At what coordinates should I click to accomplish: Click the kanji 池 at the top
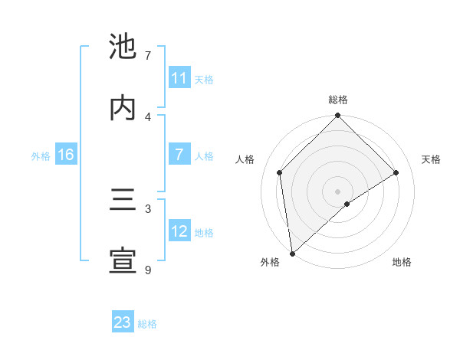[x=123, y=47]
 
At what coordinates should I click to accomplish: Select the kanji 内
[x=123, y=108]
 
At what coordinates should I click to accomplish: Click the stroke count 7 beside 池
[x=148, y=56]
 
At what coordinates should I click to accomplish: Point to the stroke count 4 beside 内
[x=148, y=116]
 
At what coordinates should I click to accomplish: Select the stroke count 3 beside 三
[x=148, y=208]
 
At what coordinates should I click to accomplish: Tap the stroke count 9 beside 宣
[x=148, y=270]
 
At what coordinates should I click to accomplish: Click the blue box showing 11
[x=179, y=78]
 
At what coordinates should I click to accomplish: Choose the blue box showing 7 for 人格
[x=179, y=155]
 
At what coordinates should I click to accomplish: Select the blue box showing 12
[x=179, y=231]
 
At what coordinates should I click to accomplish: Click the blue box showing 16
[x=66, y=155]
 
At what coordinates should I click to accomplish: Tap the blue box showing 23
[x=123, y=322]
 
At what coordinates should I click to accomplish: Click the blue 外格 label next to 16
[x=41, y=155]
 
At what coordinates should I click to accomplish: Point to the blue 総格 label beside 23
[x=148, y=323]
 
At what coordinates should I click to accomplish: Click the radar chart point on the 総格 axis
[x=337, y=116]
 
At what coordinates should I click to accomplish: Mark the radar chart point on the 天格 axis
[x=396, y=172]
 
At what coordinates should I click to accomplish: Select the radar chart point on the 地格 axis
[x=347, y=204]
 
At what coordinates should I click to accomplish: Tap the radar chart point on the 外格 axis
[x=292, y=254]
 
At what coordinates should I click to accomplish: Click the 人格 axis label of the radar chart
[x=245, y=159]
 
